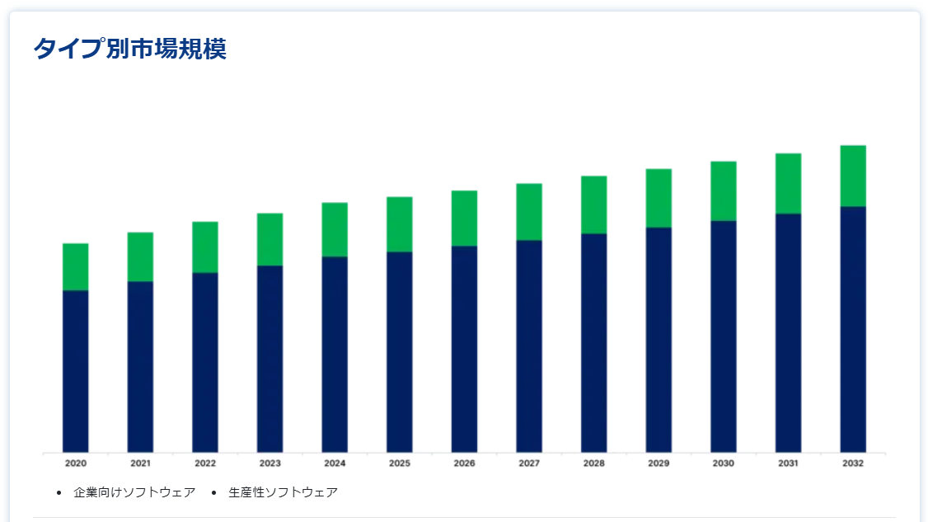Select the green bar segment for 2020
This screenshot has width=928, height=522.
(x=76, y=266)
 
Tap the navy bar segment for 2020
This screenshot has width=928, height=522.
(x=76, y=371)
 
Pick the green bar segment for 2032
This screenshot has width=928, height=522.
(x=853, y=176)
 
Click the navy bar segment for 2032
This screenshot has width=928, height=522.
(x=853, y=329)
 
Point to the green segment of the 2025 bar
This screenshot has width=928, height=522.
(x=400, y=224)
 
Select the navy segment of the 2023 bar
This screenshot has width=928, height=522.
(x=269, y=359)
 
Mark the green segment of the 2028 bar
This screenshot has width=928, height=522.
(x=593, y=205)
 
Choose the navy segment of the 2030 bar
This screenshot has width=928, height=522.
(x=724, y=336)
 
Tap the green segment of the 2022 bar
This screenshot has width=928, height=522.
(x=205, y=247)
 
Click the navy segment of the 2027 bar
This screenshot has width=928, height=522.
(x=529, y=346)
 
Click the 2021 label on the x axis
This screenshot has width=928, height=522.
(x=140, y=463)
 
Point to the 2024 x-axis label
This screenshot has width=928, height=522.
(x=335, y=463)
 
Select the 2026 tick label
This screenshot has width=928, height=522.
(x=464, y=463)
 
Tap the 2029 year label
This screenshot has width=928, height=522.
(x=659, y=463)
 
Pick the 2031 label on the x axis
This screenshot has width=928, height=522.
(x=788, y=463)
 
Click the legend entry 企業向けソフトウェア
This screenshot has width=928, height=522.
(x=134, y=492)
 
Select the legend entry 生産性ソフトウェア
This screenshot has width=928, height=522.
(x=283, y=492)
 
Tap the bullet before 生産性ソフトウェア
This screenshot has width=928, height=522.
(x=213, y=493)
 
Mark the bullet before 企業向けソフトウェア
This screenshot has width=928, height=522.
(x=59, y=493)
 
